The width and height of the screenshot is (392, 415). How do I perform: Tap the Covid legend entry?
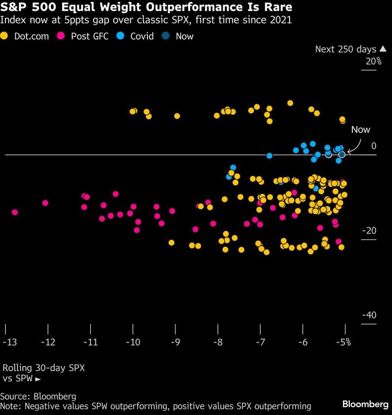138,36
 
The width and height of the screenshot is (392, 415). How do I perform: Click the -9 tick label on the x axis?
175,342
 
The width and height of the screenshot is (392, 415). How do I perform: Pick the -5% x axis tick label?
343,342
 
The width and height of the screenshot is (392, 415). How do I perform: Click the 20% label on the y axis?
372,61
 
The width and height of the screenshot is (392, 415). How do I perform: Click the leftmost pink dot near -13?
15,212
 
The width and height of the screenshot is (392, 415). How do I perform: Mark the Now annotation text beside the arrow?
361,130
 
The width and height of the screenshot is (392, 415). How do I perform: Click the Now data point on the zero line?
342,154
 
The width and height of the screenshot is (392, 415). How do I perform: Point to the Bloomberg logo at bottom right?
365,404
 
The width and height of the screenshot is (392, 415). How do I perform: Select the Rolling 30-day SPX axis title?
43,367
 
